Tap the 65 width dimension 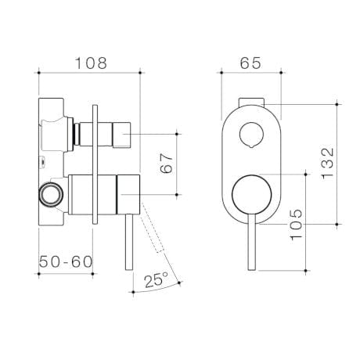250,62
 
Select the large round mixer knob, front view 250,196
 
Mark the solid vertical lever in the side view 124,243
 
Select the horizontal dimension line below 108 90,73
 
